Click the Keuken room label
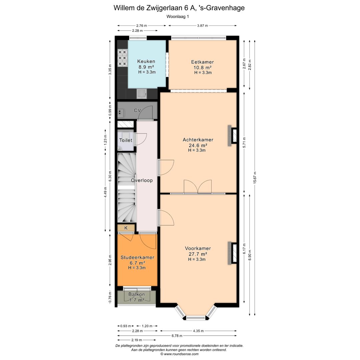pos(146,61)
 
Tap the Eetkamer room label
pos(202,62)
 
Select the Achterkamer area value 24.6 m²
pos(198,145)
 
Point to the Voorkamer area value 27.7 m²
pos(198,254)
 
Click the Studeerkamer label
pos(137,257)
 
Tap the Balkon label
pos(137,294)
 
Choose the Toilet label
pos(126,140)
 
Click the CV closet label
pos(137,110)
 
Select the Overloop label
pos(142,180)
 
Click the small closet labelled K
pos(126,228)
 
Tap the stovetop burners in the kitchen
pos(122,58)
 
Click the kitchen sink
pos(142,93)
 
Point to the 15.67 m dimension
pos(255,177)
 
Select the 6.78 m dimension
pos(177,336)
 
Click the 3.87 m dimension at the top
pos(203,26)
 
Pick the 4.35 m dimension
pos(198,331)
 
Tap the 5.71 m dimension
pos(244,143)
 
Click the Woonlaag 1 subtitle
pos(178,17)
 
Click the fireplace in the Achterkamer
pos(232,136)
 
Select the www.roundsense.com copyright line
pos(179,354)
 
